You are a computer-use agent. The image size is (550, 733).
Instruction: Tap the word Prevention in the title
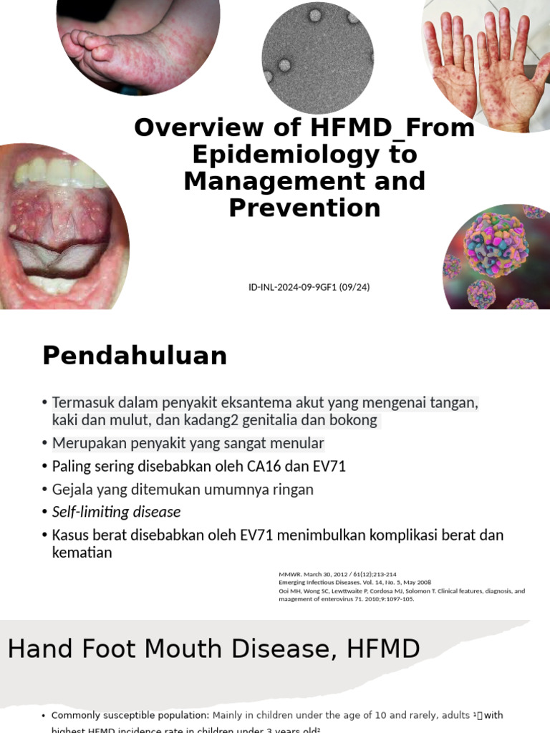pyautogui.click(x=304, y=208)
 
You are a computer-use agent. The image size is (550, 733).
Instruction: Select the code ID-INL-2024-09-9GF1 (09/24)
pyautogui.click(x=309, y=287)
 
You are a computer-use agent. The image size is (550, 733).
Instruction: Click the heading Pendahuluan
pyautogui.click(x=135, y=356)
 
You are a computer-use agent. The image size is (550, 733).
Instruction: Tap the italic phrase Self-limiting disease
pyautogui.click(x=116, y=512)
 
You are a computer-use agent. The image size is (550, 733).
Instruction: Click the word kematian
pyautogui.click(x=82, y=553)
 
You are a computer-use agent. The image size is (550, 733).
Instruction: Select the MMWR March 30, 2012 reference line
pyautogui.click(x=337, y=574)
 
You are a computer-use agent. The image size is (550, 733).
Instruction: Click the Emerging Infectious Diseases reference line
pyautogui.click(x=355, y=583)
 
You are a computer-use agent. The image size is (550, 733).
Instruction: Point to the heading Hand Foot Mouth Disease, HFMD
pyautogui.click(x=213, y=649)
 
